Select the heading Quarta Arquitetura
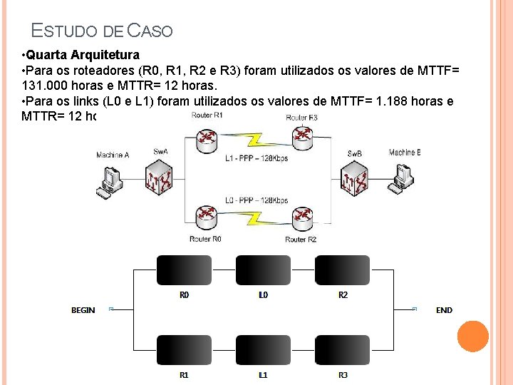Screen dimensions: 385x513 (x=83, y=54)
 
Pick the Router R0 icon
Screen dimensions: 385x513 (x=207, y=217)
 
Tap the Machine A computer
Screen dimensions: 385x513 (x=111, y=180)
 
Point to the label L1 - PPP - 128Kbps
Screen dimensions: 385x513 (x=256, y=158)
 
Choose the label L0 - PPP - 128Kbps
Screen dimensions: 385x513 (x=256, y=200)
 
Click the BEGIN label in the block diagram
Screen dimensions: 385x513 (x=83, y=310)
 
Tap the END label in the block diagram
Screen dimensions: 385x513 (x=444, y=310)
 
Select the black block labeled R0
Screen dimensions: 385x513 (x=184, y=270)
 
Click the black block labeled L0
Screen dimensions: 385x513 (x=263, y=270)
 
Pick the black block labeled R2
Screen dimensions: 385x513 (x=343, y=270)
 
